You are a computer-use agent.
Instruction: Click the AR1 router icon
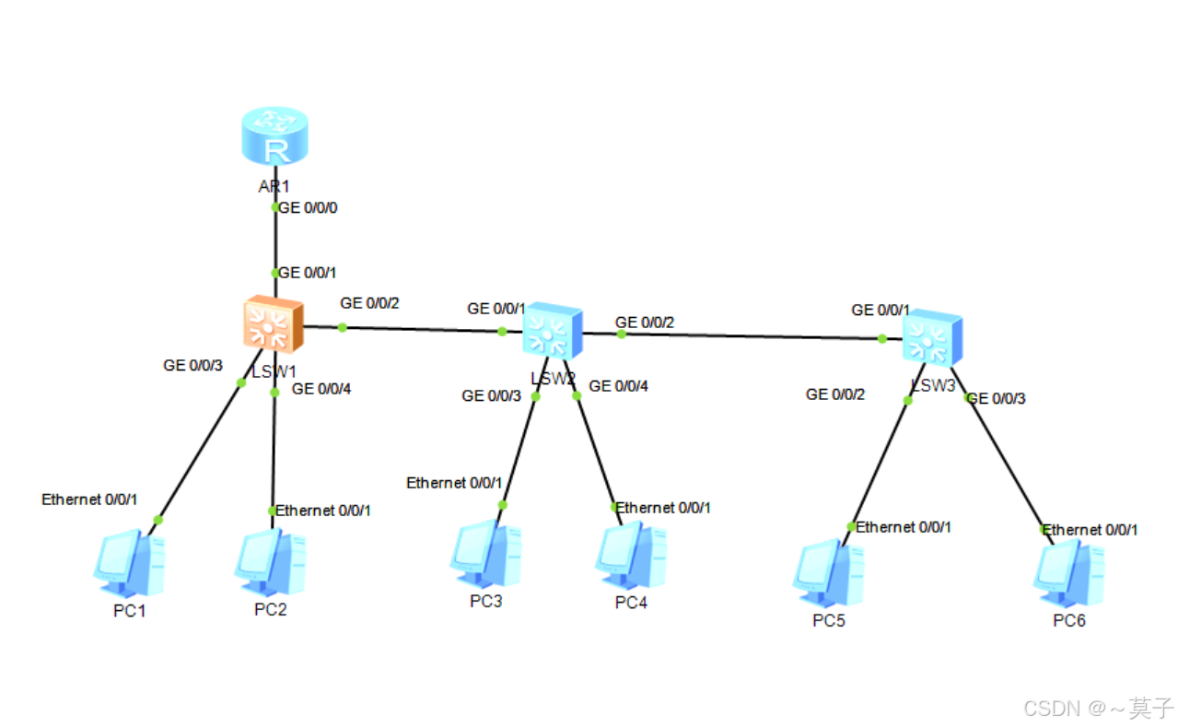[x=274, y=136]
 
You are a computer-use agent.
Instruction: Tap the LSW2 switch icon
[x=553, y=331]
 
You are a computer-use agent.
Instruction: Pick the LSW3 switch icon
[x=931, y=338]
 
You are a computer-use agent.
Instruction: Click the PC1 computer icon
[x=130, y=562]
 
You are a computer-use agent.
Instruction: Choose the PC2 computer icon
[x=270, y=562]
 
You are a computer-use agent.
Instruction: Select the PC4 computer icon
[x=631, y=557]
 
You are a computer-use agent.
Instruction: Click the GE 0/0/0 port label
[x=309, y=208]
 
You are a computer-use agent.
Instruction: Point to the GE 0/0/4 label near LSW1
[x=321, y=389]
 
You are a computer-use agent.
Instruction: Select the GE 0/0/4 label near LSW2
[x=618, y=386]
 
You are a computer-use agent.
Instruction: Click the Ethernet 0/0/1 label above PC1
[x=89, y=499]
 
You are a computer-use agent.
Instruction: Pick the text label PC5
[x=828, y=620]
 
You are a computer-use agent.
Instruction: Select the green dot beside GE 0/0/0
[x=274, y=207]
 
